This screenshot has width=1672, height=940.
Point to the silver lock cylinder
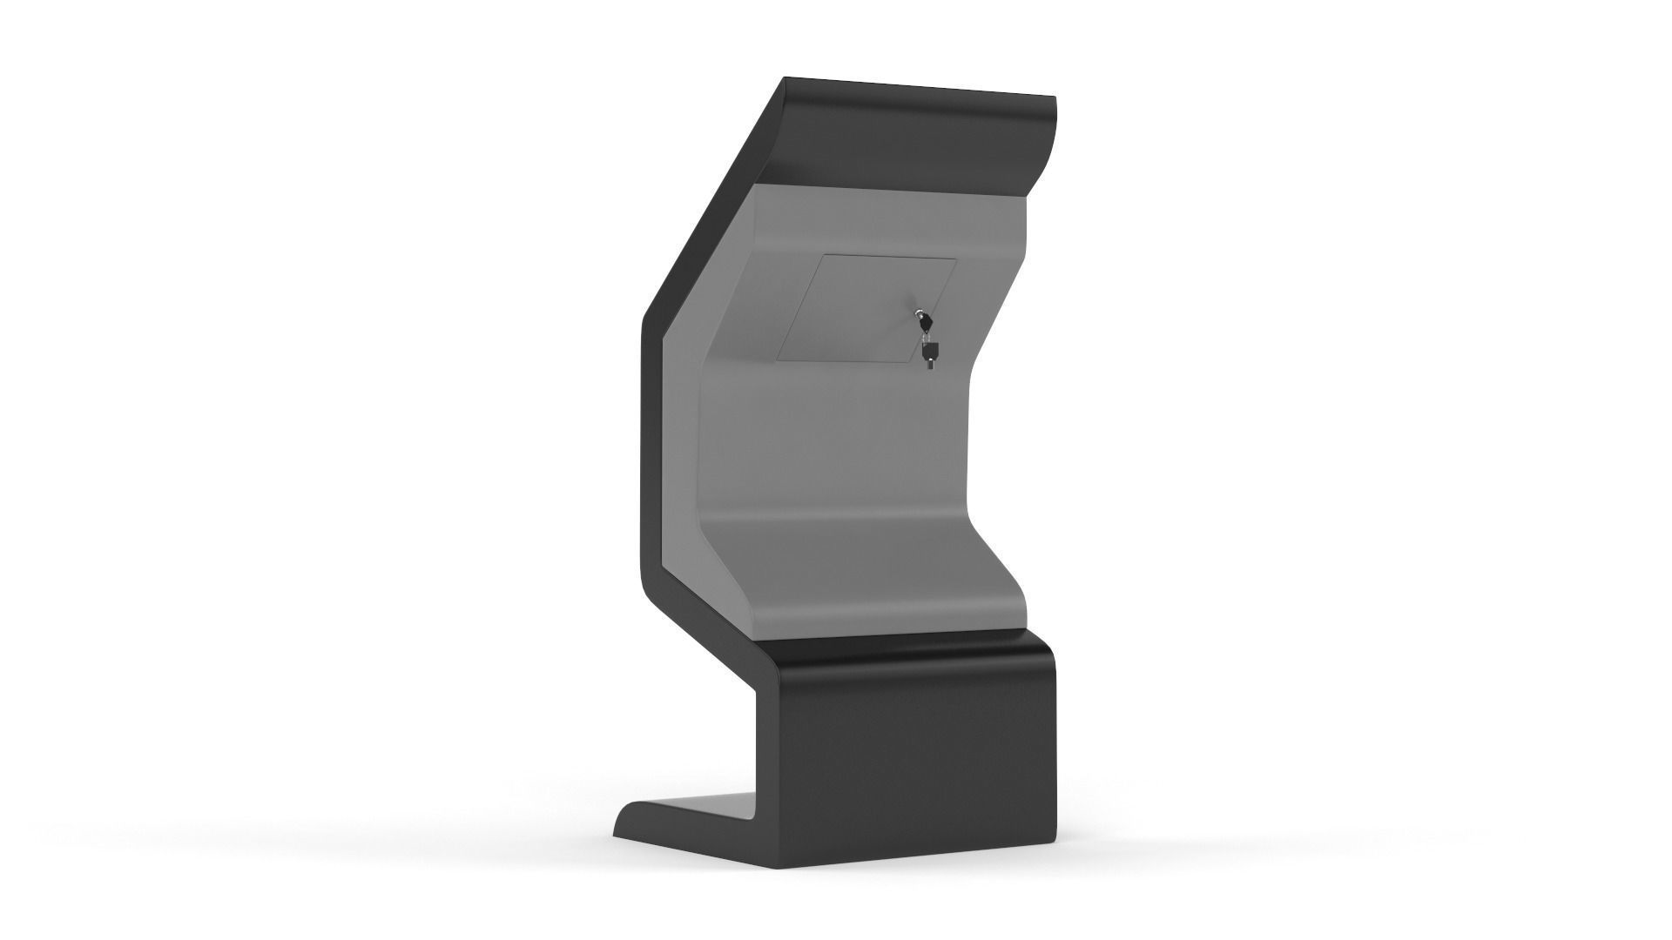(x=917, y=312)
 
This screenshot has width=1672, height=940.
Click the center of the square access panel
(x=866, y=309)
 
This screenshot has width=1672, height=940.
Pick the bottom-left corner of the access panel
(x=779, y=359)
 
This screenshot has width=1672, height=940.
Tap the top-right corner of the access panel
(x=956, y=258)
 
